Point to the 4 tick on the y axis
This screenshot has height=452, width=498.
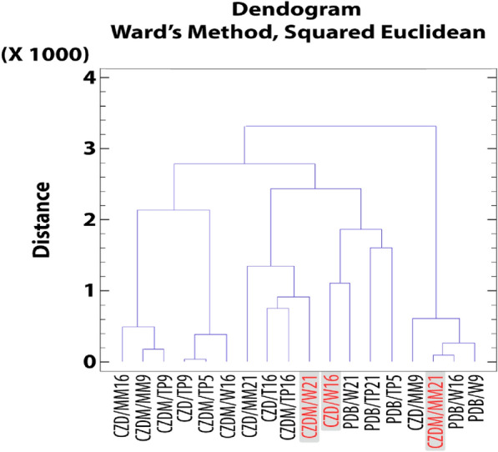[92, 78]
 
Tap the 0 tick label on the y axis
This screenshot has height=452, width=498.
[92, 362]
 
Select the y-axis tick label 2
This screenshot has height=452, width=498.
[92, 220]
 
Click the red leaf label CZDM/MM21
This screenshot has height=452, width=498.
[434, 412]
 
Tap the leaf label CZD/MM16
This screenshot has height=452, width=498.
[123, 408]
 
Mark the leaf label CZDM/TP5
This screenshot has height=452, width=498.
[205, 409]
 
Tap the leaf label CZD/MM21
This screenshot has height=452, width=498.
[247, 408]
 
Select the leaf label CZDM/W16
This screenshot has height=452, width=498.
[226, 408]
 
